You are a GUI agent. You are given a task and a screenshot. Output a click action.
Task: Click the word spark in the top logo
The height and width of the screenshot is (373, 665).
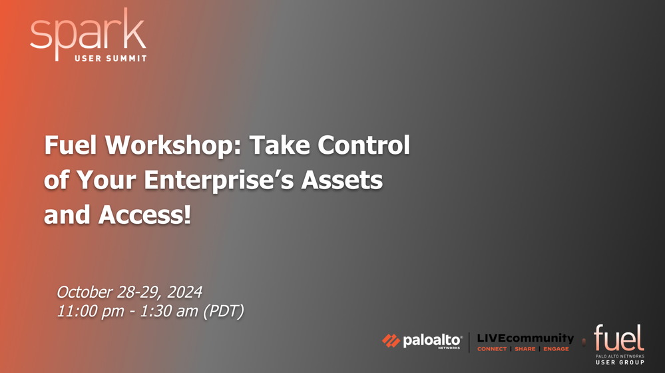89,33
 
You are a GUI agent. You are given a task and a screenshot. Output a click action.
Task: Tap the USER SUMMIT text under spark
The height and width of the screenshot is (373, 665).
111,58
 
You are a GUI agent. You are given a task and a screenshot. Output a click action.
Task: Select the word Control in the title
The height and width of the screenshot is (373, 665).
364,145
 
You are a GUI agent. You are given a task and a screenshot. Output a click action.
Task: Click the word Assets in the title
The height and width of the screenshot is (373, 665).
342,180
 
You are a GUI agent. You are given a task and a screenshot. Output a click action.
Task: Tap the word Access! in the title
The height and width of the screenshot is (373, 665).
144,214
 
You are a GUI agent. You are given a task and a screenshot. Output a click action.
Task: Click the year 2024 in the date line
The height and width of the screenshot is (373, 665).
184,292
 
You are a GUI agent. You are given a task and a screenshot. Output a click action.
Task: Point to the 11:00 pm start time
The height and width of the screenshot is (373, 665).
91,311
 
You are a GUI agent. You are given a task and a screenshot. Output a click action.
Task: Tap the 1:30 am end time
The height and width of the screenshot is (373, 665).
169,311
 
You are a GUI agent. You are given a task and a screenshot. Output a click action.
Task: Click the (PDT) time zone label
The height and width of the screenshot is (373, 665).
224,311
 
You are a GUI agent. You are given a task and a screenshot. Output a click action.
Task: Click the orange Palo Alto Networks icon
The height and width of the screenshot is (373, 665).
391,341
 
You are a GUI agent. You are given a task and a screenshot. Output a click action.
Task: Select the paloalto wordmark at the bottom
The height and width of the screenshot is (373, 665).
432,341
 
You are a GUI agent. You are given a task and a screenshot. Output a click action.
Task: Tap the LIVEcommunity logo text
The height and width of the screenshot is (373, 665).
525,338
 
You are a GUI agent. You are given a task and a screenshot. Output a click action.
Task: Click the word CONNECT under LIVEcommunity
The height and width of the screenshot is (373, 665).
492,349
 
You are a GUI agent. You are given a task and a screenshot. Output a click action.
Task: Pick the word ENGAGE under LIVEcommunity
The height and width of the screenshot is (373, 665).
556,349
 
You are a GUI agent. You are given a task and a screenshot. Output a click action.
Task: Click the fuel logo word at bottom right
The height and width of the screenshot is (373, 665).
619,338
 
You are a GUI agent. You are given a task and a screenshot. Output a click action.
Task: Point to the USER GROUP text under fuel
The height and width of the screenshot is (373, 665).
620,362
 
